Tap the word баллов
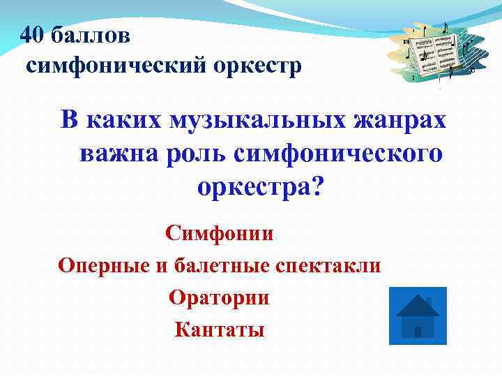point(90,35)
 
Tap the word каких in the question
point(123,120)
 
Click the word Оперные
point(102,266)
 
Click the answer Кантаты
point(220,329)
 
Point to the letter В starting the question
point(70,120)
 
